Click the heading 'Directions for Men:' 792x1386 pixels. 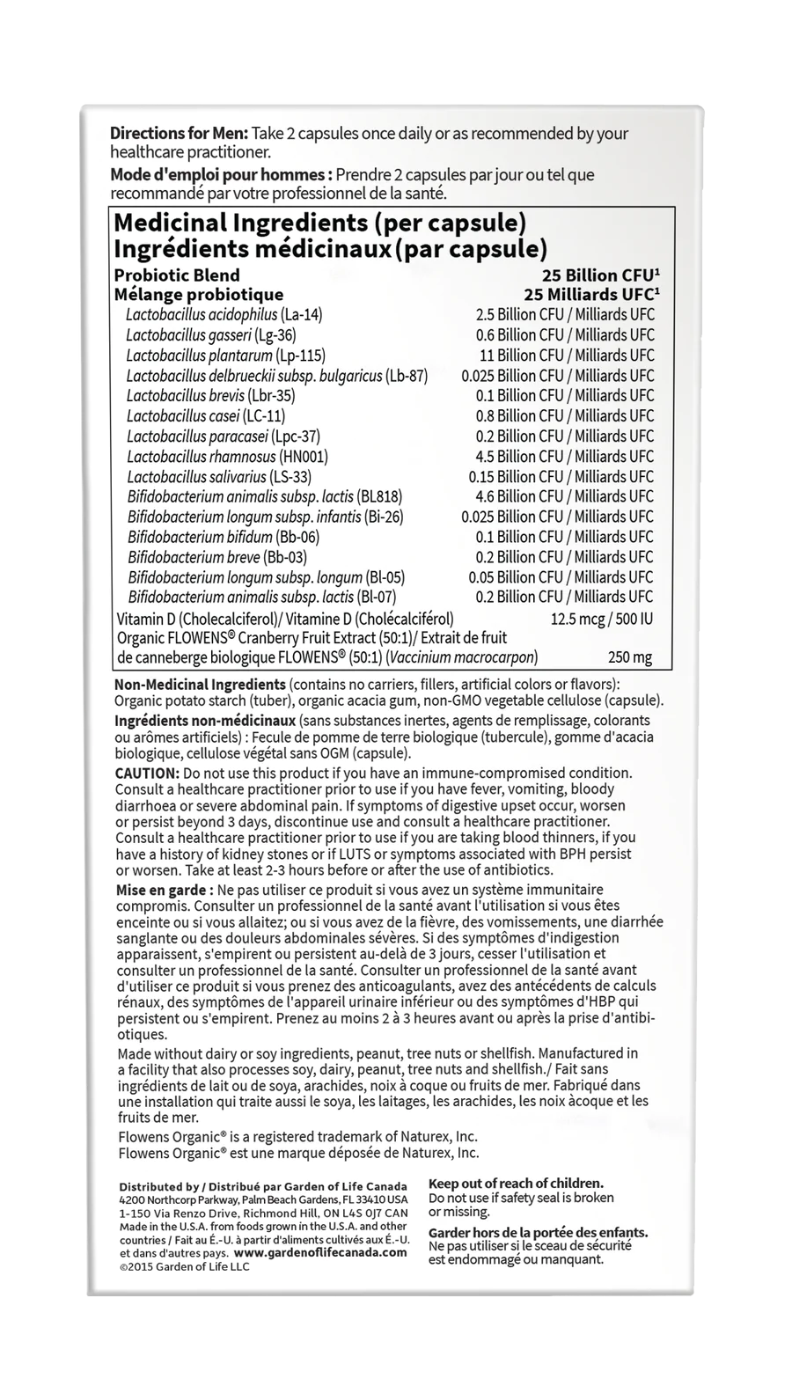179,134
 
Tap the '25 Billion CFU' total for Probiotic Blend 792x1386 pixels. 601,275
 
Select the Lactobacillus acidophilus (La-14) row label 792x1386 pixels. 212,315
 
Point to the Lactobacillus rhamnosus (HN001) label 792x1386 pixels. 228,457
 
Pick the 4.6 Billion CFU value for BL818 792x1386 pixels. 565,497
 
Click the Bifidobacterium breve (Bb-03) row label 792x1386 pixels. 217,557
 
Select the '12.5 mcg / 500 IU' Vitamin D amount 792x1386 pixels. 602,620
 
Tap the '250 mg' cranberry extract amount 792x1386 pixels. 630,657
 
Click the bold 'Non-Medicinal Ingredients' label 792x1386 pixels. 200,685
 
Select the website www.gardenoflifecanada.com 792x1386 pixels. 321,1252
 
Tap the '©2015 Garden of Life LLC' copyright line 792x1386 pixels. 184,1266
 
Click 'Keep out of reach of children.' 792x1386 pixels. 516,1184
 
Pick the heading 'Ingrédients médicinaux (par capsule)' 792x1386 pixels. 331,249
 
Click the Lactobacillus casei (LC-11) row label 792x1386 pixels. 206,416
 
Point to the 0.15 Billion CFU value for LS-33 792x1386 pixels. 565,477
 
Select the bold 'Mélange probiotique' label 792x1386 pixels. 199,295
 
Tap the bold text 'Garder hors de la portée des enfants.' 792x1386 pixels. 538,1232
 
